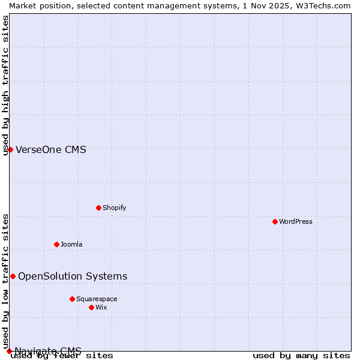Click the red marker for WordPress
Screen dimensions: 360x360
click(275, 221)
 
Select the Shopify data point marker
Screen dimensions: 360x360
click(98, 208)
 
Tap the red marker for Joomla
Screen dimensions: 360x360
click(56, 244)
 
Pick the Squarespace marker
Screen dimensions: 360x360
click(72, 299)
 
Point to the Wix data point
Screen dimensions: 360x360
click(91, 307)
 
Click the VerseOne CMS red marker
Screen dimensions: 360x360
click(10, 149)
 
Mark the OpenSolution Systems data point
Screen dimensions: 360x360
click(13, 276)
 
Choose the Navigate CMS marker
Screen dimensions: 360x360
click(9, 351)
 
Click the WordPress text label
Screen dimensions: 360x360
click(296, 221)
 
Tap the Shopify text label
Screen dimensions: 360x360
click(114, 208)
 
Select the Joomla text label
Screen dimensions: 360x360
click(71, 244)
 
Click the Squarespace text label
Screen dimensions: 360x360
click(97, 299)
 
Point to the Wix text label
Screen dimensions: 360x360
click(101, 307)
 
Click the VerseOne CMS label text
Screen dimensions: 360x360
click(51, 149)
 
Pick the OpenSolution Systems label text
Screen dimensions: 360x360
click(73, 276)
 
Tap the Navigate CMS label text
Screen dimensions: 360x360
click(48, 351)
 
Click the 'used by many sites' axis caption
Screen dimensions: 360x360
click(301, 356)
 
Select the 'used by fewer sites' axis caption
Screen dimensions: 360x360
click(62, 356)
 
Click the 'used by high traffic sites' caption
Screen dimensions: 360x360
click(5, 86)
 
